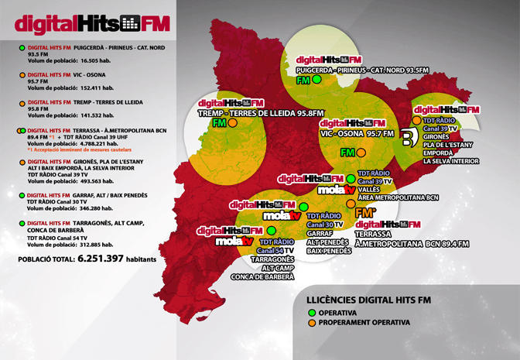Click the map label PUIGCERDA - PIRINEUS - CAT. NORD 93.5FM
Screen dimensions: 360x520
click(363, 70)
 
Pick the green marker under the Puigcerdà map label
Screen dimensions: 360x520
click(316, 79)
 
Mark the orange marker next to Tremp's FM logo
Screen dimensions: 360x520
click(232, 123)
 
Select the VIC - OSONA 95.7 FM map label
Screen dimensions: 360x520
click(362, 133)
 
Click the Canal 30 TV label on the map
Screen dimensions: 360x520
click(326, 224)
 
